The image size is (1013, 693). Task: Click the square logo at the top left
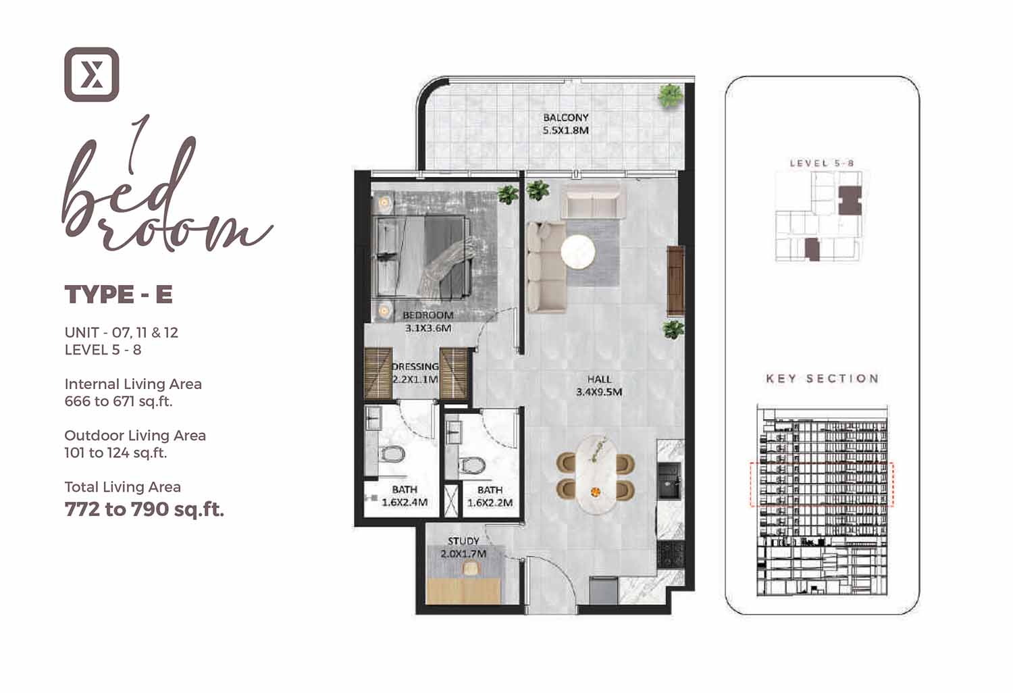(x=92, y=75)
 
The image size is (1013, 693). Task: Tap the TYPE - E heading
(x=119, y=294)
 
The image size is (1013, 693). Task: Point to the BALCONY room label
(x=566, y=118)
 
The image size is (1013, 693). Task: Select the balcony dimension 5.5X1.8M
(x=566, y=131)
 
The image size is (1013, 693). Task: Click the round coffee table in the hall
(x=578, y=253)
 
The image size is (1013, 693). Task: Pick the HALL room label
(x=599, y=379)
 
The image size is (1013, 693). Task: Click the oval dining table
(x=596, y=474)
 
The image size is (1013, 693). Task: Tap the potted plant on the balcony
(x=670, y=96)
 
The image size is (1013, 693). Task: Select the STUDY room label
(x=463, y=541)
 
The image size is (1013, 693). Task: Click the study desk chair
(x=470, y=568)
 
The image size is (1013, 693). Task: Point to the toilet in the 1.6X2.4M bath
(x=392, y=454)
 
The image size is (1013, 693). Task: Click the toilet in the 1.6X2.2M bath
(x=473, y=465)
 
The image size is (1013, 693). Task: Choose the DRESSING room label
(x=415, y=366)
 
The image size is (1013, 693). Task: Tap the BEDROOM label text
(x=427, y=315)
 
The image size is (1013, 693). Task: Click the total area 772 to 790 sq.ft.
(x=145, y=510)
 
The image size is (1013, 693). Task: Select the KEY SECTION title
(x=823, y=379)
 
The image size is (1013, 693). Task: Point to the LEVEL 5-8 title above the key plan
(x=822, y=163)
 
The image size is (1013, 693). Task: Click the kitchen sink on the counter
(x=669, y=480)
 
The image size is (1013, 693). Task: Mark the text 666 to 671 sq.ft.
(x=118, y=401)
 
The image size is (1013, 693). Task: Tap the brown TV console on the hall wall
(x=675, y=280)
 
